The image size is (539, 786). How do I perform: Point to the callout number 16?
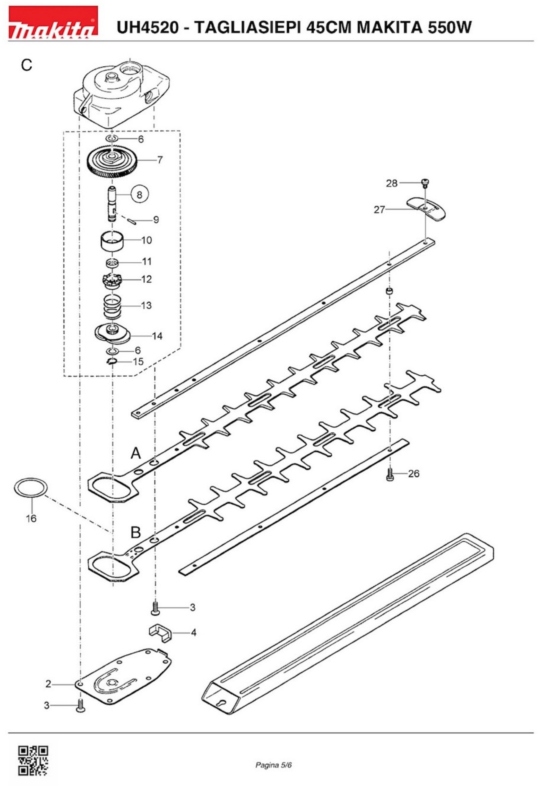(x=31, y=518)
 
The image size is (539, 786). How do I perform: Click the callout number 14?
(x=157, y=336)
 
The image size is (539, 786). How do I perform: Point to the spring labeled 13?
(x=112, y=306)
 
